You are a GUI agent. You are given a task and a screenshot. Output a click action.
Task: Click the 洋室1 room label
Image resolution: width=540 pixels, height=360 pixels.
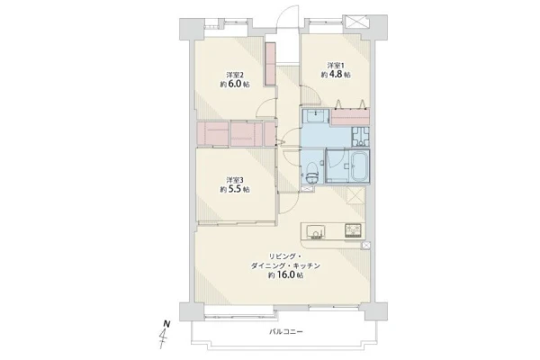point(336,65)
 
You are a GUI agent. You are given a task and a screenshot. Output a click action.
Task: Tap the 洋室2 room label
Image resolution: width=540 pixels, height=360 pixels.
point(235,75)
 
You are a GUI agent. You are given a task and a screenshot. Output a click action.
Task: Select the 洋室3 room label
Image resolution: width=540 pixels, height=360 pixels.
point(235,180)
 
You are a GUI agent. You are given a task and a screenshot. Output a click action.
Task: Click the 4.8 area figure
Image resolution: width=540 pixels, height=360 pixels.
point(336,75)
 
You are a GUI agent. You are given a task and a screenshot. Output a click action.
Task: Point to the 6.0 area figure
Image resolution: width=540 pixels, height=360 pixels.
point(236,85)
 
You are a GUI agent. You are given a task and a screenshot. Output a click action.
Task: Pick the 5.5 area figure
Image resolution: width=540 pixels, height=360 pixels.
point(236,190)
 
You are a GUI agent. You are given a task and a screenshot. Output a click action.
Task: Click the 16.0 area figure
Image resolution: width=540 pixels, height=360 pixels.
point(285,275)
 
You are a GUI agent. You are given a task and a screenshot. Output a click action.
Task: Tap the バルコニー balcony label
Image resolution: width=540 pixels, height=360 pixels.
point(286,332)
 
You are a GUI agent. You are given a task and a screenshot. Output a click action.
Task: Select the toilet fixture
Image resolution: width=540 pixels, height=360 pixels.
point(312,172)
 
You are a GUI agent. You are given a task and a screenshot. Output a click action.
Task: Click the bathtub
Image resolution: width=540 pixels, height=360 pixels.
point(359,166)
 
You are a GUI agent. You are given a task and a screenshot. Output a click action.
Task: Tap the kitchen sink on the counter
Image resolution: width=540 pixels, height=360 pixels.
point(316,231)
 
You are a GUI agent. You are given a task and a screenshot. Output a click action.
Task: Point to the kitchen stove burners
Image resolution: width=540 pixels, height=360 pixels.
point(354,230)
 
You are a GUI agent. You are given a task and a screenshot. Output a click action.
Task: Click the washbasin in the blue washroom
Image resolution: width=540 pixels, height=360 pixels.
point(316,116)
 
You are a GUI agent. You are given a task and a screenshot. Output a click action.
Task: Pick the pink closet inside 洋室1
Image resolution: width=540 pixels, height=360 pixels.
point(350,117)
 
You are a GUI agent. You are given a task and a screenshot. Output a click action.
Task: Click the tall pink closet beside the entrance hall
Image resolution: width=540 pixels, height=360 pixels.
point(271,64)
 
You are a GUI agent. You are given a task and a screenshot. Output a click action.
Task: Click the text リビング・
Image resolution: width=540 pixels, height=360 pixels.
point(285,256)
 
